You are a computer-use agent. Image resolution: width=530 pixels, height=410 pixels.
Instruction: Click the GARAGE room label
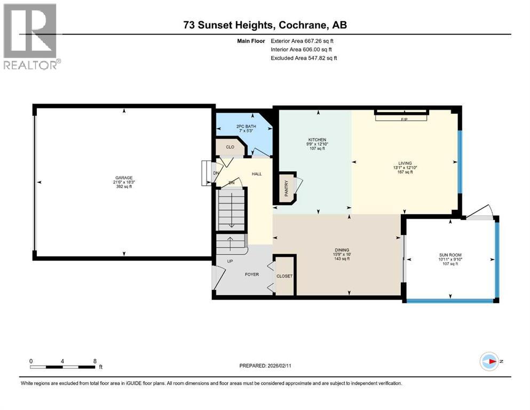click(x=124, y=177)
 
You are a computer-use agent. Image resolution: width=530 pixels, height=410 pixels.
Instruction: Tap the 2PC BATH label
click(x=246, y=127)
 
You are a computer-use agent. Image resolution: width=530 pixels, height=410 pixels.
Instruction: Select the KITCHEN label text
click(x=317, y=139)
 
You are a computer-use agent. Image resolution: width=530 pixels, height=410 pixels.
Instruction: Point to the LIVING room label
click(x=405, y=163)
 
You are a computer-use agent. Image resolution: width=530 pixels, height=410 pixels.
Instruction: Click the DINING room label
click(x=342, y=250)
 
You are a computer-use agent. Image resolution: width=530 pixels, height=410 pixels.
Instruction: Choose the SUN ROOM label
click(x=450, y=255)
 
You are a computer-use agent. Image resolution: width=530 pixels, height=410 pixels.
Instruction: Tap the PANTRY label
click(x=286, y=188)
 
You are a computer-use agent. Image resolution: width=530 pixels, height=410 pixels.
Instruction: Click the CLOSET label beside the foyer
click(x=284, y=276)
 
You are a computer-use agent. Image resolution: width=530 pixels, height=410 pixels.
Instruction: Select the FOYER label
click(x=252, y=274)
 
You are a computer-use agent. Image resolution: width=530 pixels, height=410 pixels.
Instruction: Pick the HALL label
click(x=257, y=174)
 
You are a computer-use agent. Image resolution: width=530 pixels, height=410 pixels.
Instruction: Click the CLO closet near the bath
click(x=230, y=147)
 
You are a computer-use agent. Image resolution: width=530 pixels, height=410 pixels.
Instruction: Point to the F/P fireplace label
click(x=404, y=119)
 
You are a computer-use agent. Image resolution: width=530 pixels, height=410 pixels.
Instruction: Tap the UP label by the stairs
click(x=230, y=261)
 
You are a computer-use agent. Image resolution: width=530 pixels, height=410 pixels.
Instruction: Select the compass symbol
click(x=489, y=361)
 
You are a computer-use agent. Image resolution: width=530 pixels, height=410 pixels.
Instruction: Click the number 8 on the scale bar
click(x=95, y=361)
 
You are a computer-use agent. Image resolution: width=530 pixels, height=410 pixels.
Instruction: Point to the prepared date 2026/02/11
click(x=279, y=366)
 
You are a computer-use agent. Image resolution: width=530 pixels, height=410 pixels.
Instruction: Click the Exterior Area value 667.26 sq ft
click(x=319, y=41)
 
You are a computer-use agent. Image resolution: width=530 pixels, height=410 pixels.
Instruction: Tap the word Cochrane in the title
click(x=303, y=25)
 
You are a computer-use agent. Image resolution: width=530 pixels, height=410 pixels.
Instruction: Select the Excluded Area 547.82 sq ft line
click(x=304, y=58)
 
